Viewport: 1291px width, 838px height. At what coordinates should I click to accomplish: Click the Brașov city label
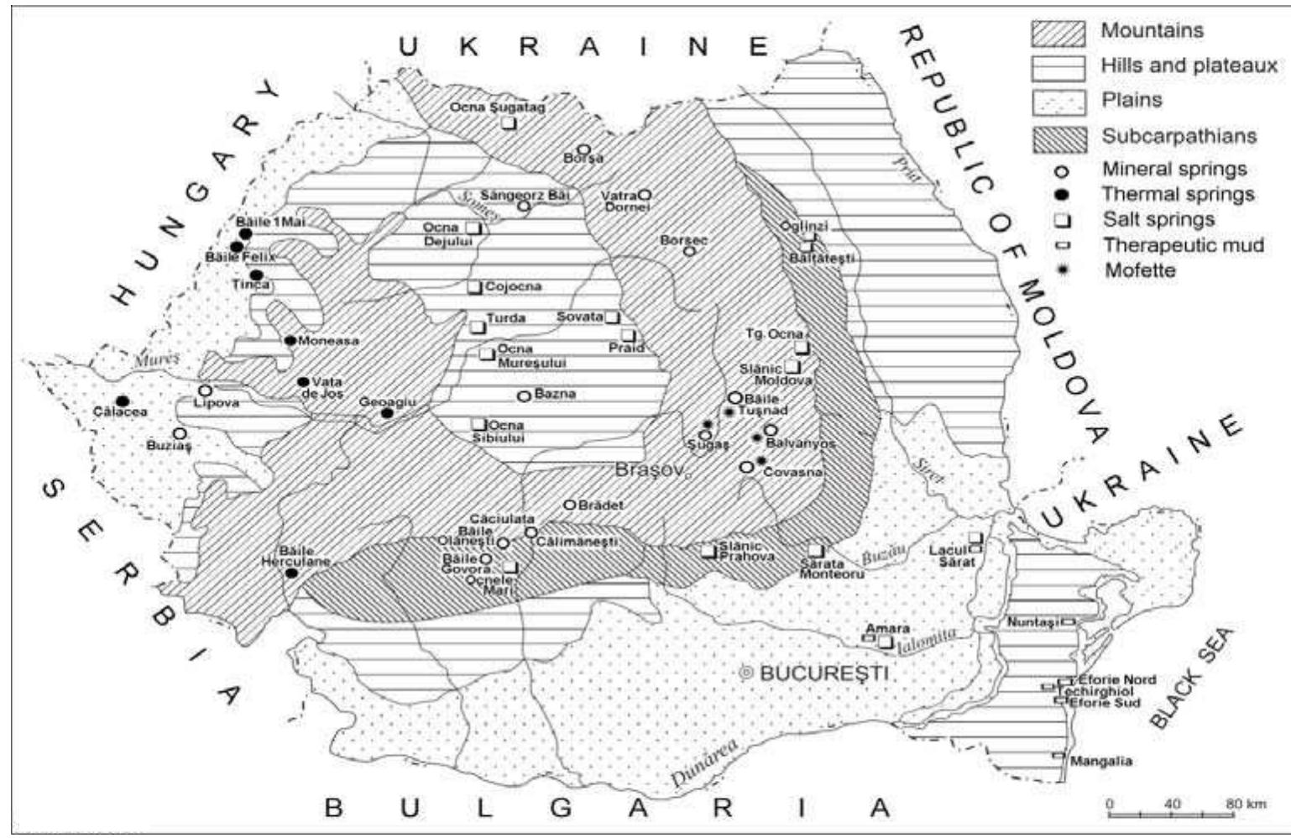[x=651, y=469]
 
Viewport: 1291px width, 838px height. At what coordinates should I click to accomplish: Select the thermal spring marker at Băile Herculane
[x=291, y=574]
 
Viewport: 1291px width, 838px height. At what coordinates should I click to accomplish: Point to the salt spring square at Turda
[x=478, y=327]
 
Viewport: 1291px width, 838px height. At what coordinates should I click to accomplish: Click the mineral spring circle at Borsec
[x=690, y=250]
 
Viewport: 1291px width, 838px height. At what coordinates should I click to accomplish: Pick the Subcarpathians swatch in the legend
[x=1059, y=137]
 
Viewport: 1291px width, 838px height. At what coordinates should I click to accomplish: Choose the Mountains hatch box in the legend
[x=1059, y=32]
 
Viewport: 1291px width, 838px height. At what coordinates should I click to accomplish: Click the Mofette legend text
[x=1140, y=270]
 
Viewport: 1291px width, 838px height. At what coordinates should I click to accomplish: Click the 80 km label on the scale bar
[x=1245, y=804]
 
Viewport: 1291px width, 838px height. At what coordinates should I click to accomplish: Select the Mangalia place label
[x=1100, y=761]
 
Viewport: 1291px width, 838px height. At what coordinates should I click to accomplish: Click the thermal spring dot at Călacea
[x=123, y=401]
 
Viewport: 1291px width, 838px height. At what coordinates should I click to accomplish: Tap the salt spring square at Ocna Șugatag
[x=509, y=123]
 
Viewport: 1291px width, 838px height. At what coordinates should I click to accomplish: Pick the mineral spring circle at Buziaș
[x=179, y=433]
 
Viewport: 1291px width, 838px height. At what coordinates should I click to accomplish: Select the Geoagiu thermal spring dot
[x=387, y=413]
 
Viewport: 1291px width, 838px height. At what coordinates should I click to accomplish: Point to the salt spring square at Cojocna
[x=474, y=287]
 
